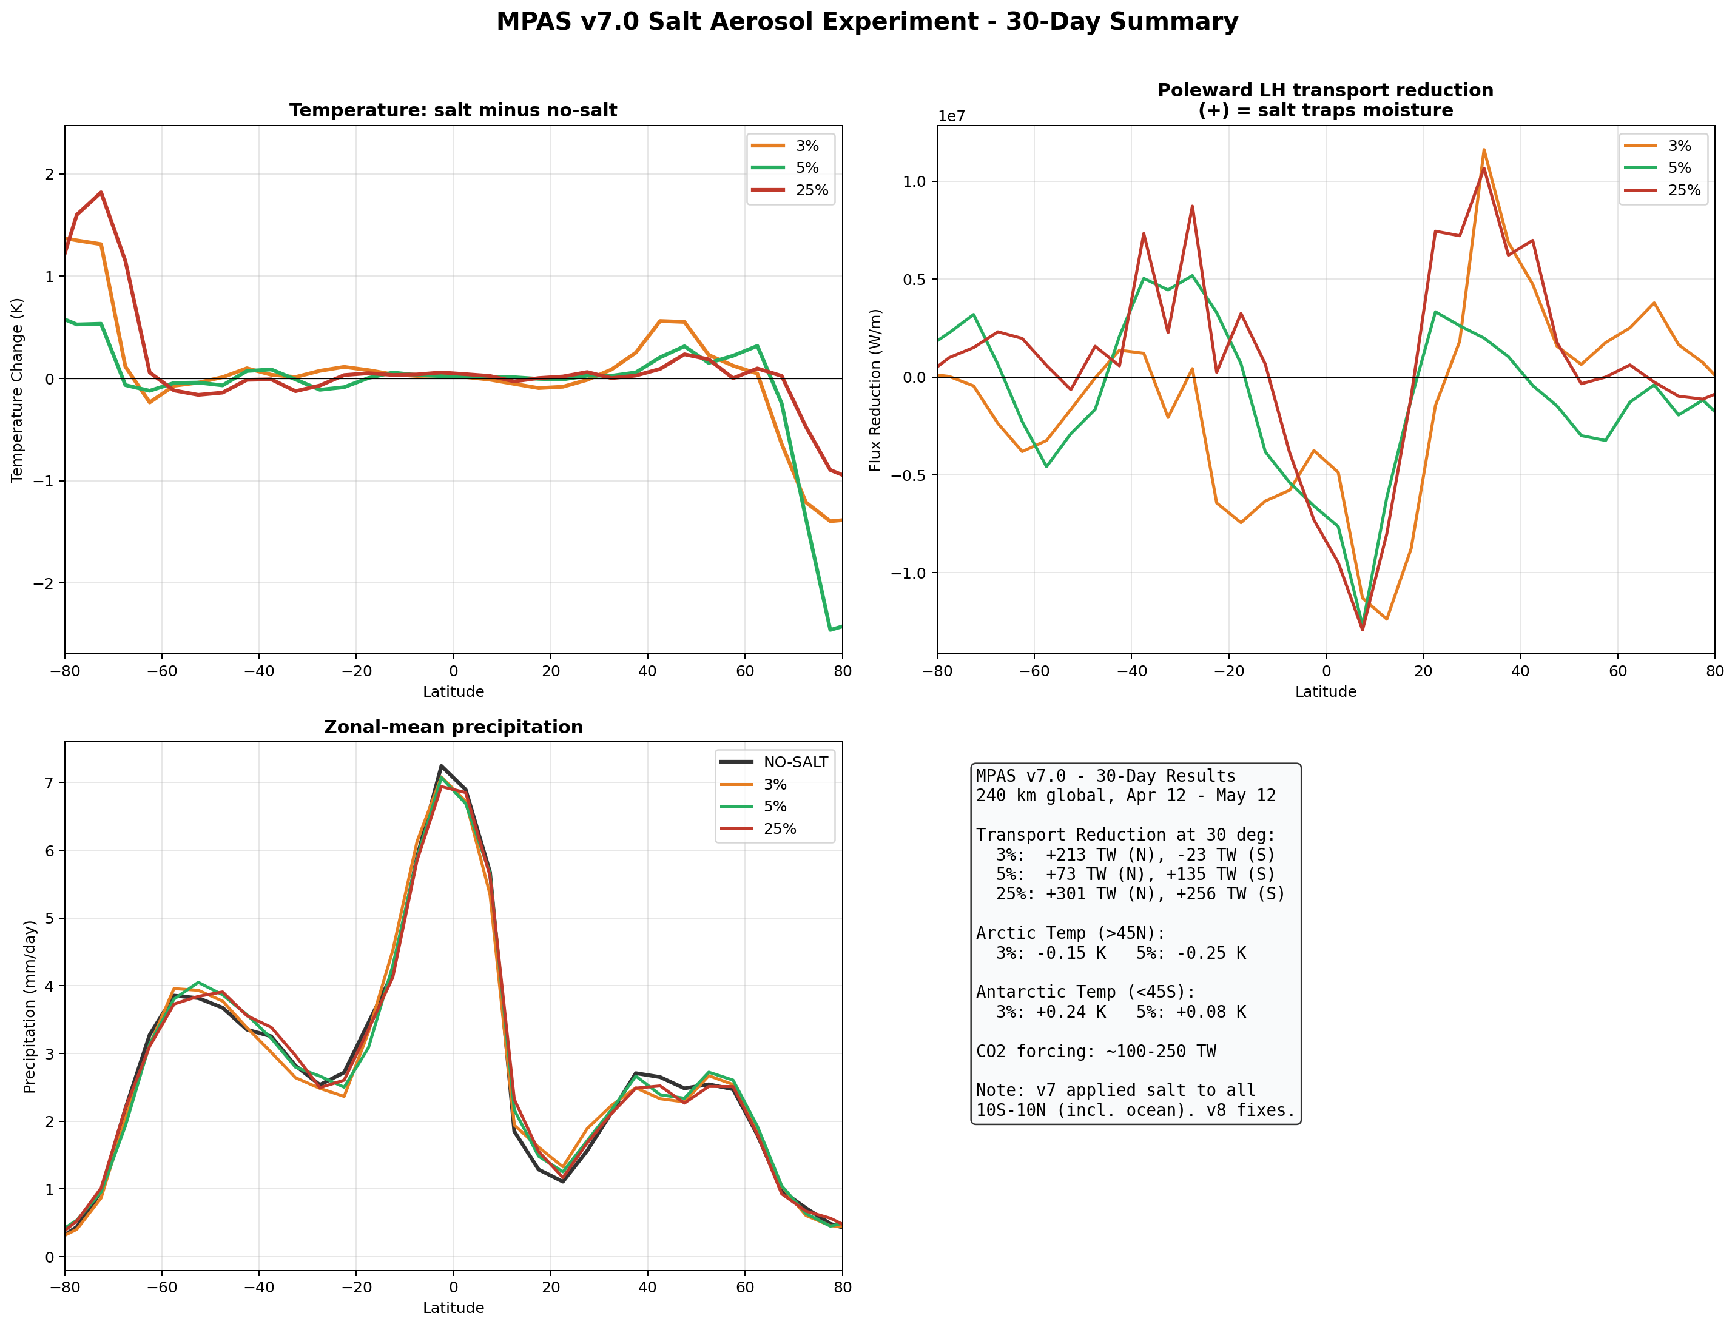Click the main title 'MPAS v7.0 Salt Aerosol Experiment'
click(867, 21)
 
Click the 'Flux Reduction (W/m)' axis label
click(875, 390)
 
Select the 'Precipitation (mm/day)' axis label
click(30, 1007)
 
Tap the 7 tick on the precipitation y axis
click(49, 783)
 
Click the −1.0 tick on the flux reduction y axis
click(909, 573)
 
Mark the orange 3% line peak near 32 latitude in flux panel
click(1484, 149)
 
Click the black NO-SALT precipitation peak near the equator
click(441, 765)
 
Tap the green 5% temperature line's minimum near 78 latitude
click(830, 630)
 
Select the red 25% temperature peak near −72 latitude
click(101, 192)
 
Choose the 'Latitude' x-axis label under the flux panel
click(1325, 692)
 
